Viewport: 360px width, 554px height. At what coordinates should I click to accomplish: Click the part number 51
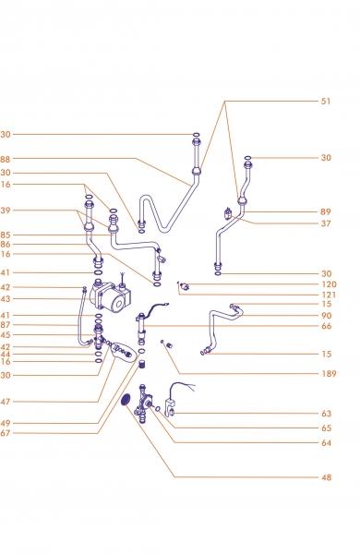pyautogui.click(x=326, y=101)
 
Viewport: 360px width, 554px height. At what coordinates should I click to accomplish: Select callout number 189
pyautogui.click(x=329, y=373)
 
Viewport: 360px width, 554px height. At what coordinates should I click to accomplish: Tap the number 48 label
pyautogui.click(x=327, y=477)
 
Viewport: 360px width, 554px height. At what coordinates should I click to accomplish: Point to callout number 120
pyautogui.click(x=329, y=284)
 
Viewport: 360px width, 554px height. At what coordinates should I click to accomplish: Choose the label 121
pyautogui.click(x=329, y=295)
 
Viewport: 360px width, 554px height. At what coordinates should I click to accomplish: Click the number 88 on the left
pyautogui.click(x=6, y=160)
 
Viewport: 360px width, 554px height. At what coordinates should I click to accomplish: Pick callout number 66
pyautogui.click(x=327, y=326)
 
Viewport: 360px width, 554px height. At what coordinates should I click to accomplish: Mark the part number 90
pyautogui.click(x=327, y=316)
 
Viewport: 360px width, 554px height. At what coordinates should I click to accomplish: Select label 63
pyautogui.click(x=327, y=414)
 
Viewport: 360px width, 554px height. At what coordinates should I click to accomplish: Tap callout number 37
pyautogui.click(x=326, y=223)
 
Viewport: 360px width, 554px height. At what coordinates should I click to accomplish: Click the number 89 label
pyautogui.click(x=326, y=211)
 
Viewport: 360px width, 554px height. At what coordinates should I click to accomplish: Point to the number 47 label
pyautogui.click(x=6, y=402)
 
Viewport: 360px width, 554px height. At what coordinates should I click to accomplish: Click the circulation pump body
pyautogui.click(x=110, y=295)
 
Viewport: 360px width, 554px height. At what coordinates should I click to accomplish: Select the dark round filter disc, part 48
pyautogui.click(x=126, y=400)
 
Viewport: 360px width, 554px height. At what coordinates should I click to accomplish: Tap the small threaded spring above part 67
pyautogui.click(x=142, y=364)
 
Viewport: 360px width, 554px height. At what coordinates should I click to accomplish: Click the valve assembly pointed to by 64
pyautogui.click(x=143, y=401)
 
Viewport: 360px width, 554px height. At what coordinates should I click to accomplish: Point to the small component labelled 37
pyautogui.click(x=228, y=213)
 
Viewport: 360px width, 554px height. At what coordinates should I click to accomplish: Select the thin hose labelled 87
pyautogui.click(x=79, y=318)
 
